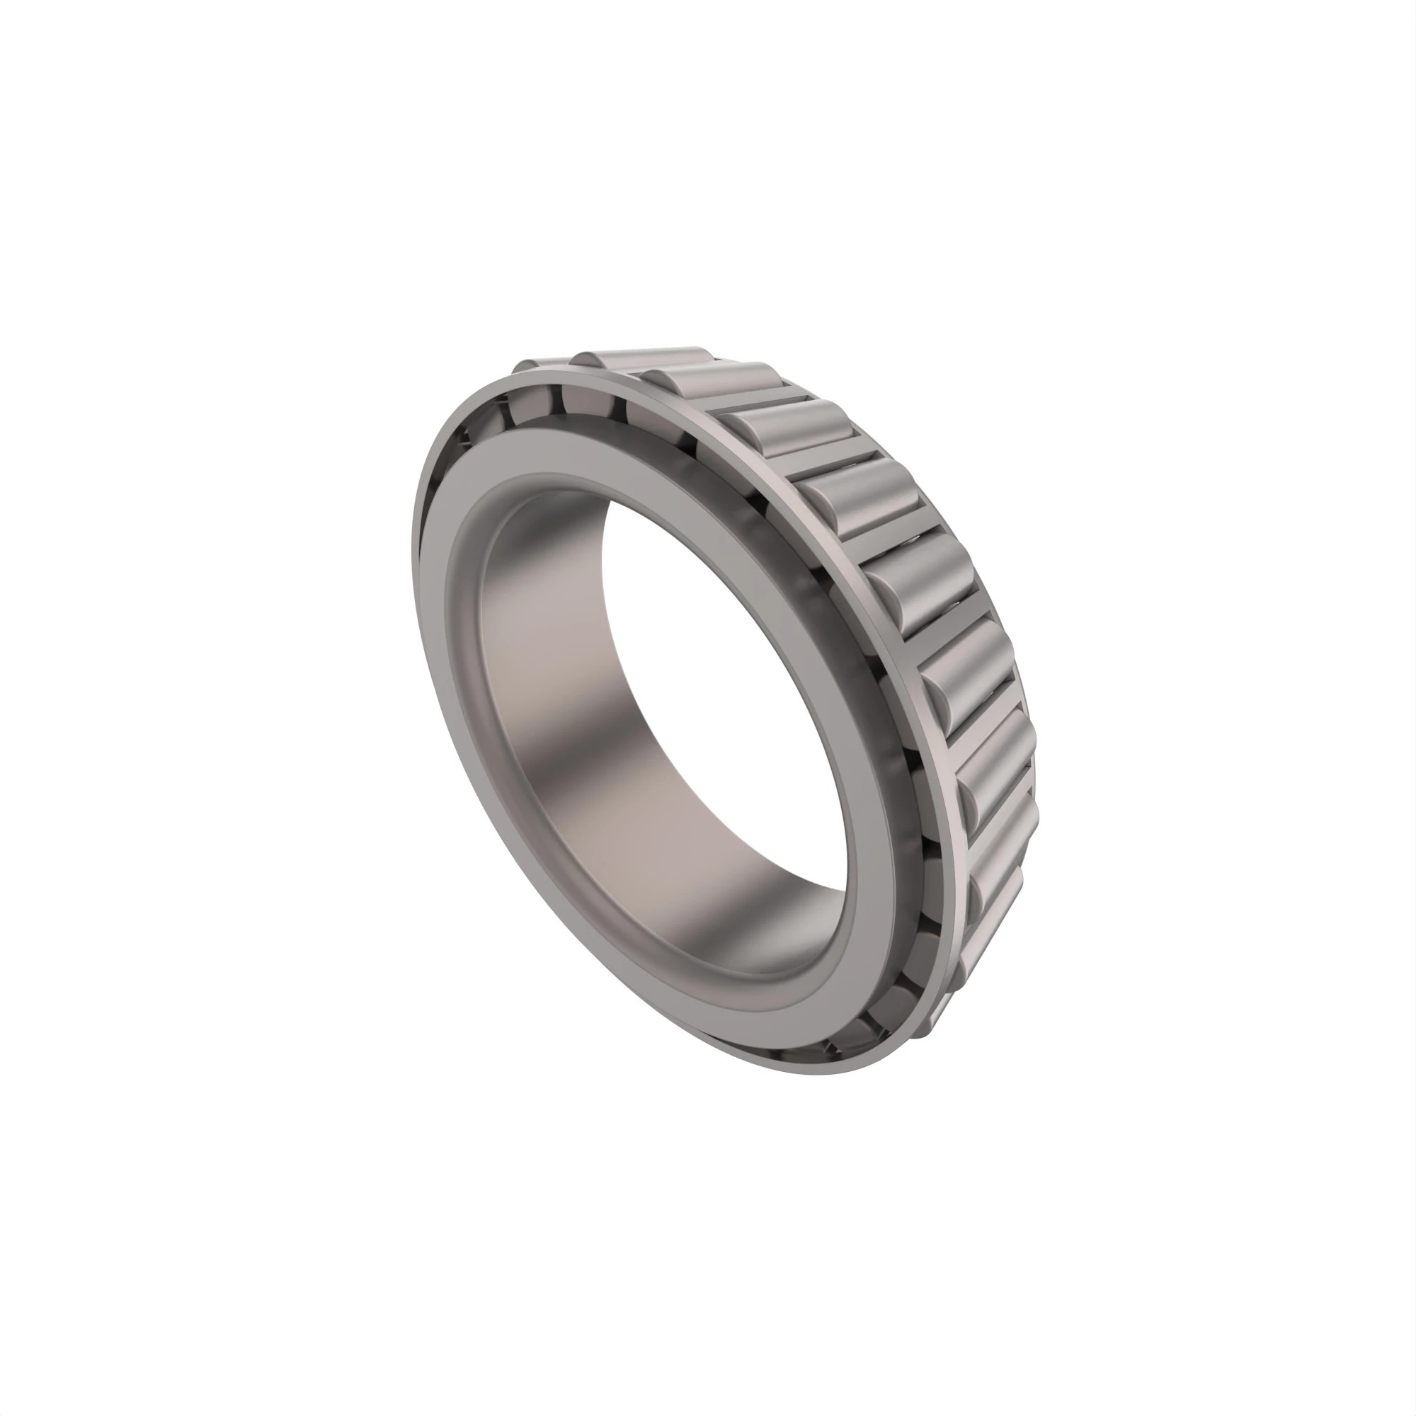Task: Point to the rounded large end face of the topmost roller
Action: (583, 359)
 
